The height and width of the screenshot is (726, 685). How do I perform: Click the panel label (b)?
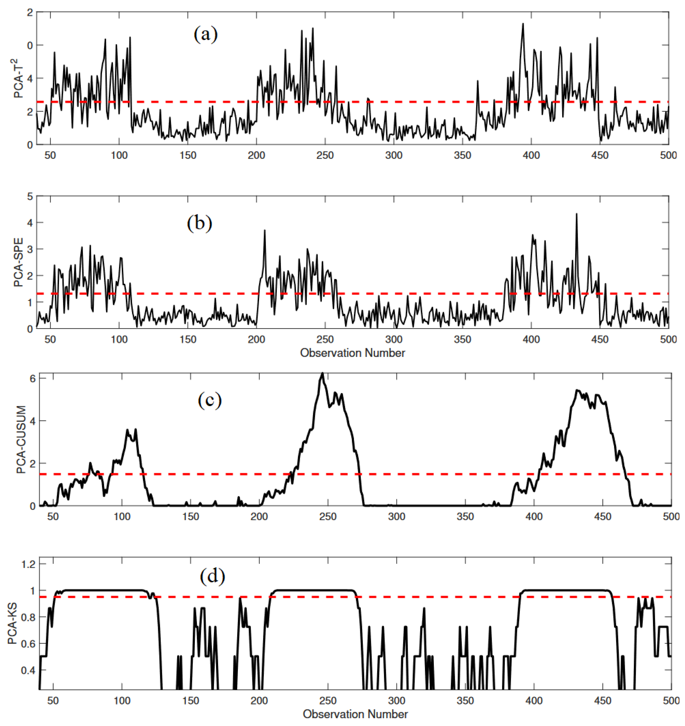[x=199, y=223]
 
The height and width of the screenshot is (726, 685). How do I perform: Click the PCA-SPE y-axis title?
[x=18, y=262]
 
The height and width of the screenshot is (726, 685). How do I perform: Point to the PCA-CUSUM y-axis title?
[x=21, y=439]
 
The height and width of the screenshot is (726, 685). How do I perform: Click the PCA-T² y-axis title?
[x=18, y=78]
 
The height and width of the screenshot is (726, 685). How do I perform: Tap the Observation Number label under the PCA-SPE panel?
[x=352, y=353]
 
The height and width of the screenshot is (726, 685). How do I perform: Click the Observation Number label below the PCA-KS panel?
[x=355, y=714]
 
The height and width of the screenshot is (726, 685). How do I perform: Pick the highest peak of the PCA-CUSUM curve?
[x=322, y=373]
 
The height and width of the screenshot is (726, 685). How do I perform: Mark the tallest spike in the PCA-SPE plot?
[x=576, y=214]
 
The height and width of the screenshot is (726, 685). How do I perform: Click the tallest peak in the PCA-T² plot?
[x=523, y=24]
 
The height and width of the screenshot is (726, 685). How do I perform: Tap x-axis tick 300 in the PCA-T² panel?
[x=394, y=155]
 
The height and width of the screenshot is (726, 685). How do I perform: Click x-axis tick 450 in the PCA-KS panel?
[x=603, y=700]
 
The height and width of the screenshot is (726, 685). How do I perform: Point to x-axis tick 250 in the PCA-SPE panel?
[x=325, y=340]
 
